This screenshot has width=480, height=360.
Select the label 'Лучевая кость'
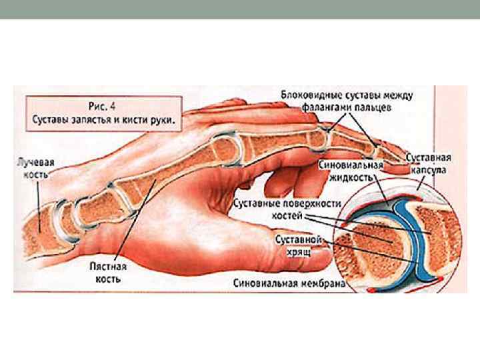click(37, 168)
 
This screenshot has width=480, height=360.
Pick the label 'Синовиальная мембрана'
click(289, 283)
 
